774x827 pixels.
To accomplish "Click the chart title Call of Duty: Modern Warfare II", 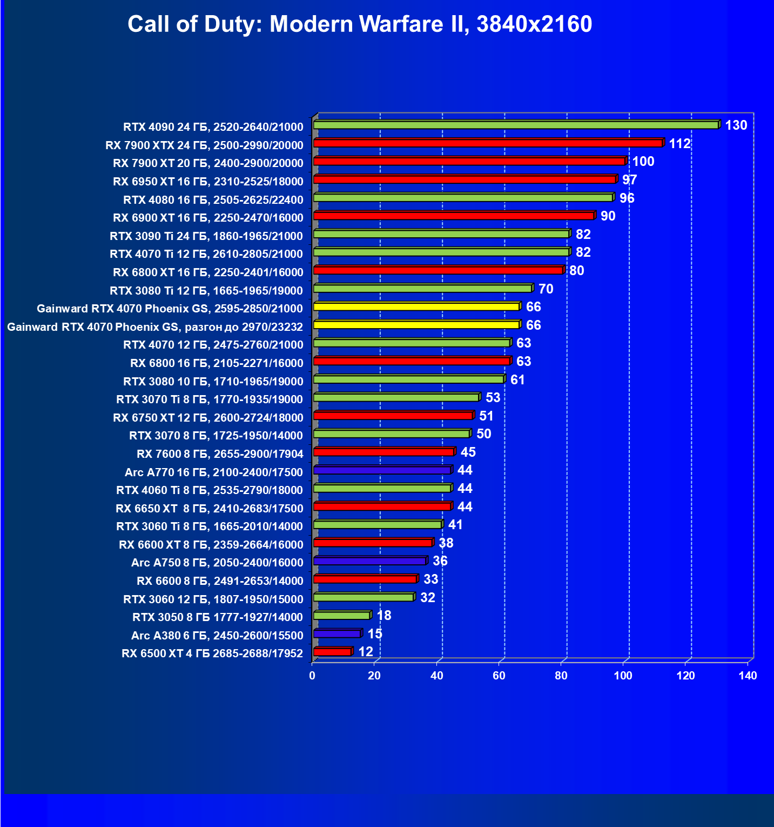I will [360, 24].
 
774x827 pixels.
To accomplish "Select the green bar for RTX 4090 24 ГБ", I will [516, 125].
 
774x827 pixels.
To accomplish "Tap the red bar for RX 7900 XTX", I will [488, 143].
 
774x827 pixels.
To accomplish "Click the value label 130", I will [736, 125].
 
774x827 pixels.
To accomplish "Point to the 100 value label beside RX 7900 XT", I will [643, 162].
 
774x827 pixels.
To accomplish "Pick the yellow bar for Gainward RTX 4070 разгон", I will [416, 325].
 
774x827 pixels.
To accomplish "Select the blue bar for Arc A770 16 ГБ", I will [382, 470].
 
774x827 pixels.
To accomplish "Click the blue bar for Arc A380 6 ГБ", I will [337, 633].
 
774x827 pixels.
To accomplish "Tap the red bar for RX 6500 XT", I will [332, 652].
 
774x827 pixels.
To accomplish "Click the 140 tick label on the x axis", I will [748, 676].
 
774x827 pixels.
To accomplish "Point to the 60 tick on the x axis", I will [499, 676].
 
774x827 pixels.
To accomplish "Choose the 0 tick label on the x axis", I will [312, 676].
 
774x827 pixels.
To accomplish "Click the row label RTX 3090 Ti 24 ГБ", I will [206, 236].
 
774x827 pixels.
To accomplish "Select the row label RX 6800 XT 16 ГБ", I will [208, 272].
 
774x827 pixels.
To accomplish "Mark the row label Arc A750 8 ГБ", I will [217, 563].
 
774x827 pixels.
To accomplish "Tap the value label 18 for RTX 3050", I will [383, 616].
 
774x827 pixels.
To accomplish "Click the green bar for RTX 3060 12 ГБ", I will [364, 597].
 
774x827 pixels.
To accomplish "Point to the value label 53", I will [493, 398].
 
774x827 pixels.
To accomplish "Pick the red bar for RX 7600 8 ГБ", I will [384, 452].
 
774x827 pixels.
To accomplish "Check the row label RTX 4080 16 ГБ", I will [213, 200].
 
